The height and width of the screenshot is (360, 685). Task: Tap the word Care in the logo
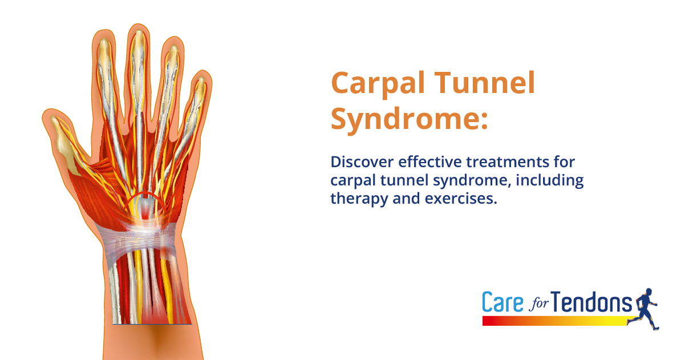point(502,302)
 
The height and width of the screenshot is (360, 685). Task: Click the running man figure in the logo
point(646,308)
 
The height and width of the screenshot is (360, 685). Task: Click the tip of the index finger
point(103,40)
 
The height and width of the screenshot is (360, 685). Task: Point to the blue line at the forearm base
point(152,323)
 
